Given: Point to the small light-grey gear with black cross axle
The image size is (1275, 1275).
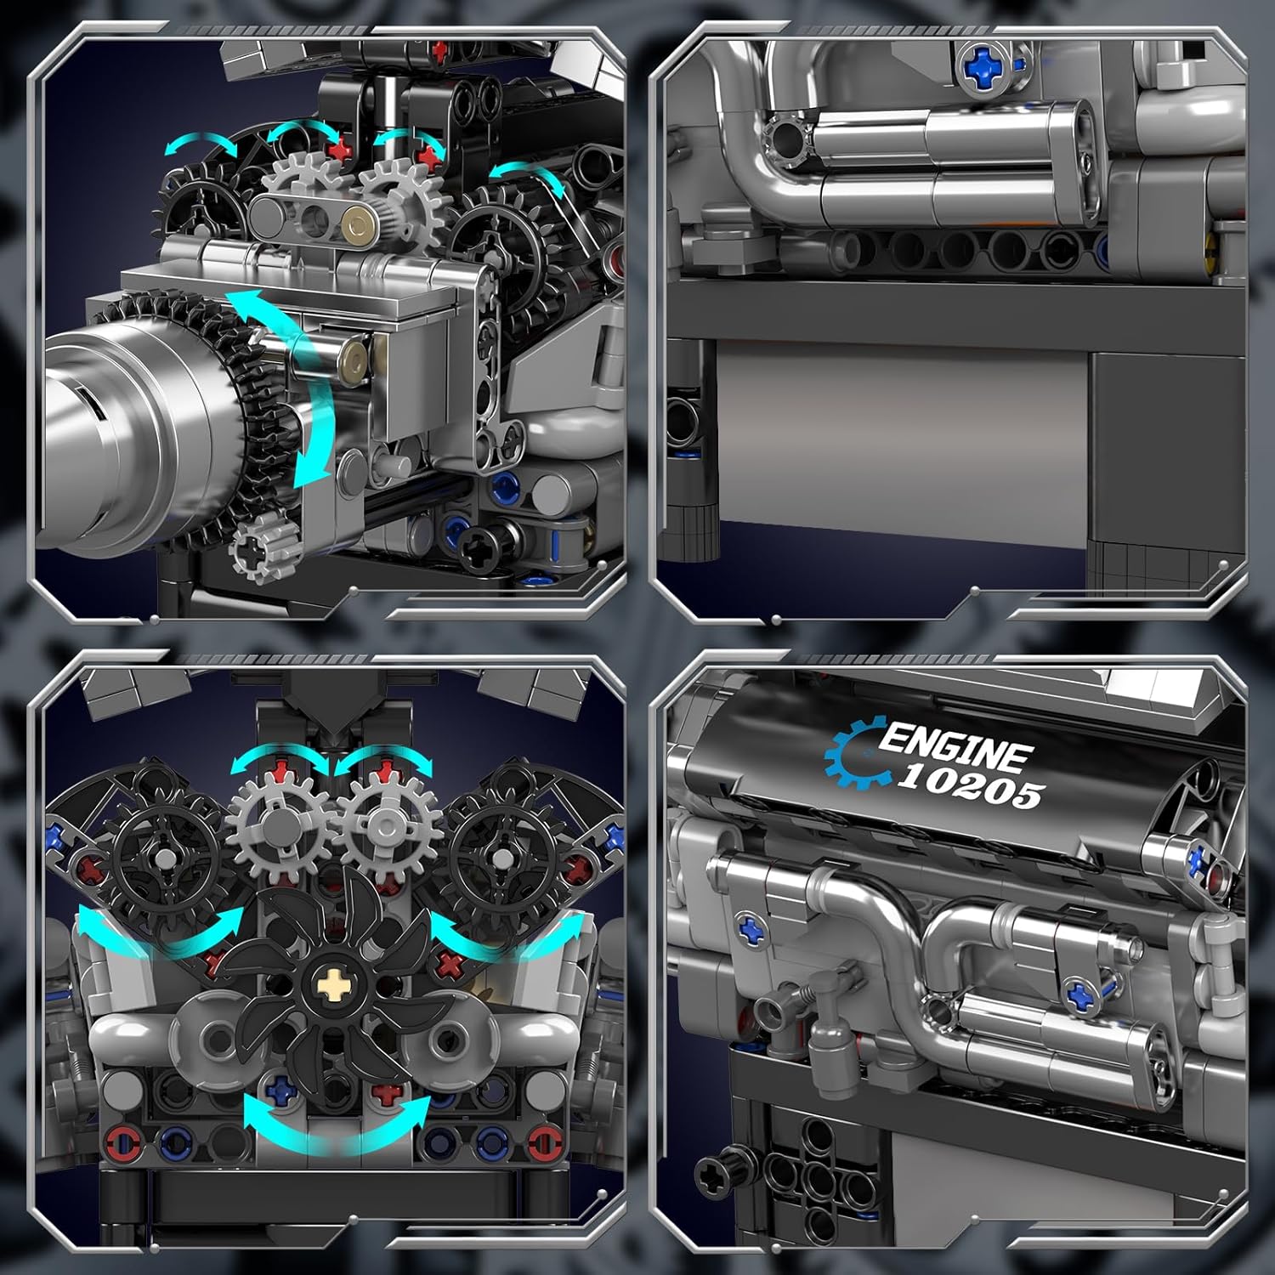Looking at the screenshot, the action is click(x=263, y=547).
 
